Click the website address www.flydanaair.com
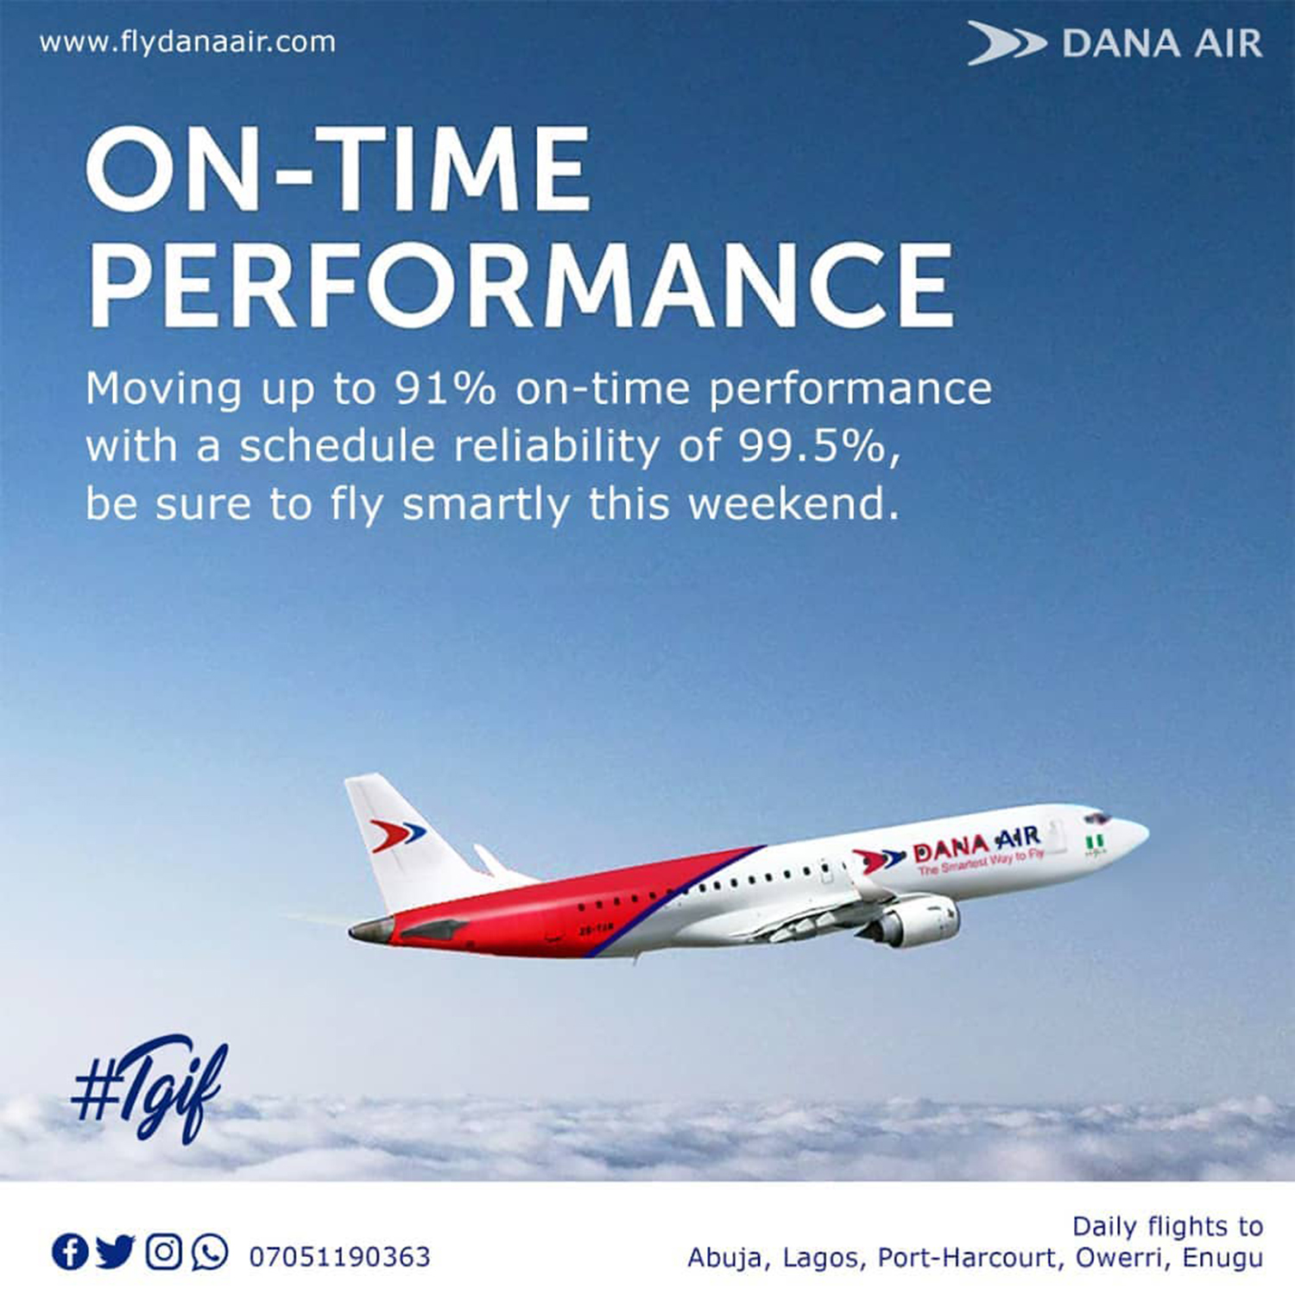[x=187, y=42]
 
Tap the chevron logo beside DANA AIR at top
[x=1006, y=43]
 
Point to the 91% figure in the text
[x=445, y=388]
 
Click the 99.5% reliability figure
[x=812, y=446]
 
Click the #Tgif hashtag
[x=149, y=1088]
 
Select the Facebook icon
[x=70, y=1252]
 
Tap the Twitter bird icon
[x=115, y=1252]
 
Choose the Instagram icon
[x=163, y=1252]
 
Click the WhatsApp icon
[x=210, y=1252]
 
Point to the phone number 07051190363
[x=339, y=1256]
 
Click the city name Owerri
[x=1121, y=1259]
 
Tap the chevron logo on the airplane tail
[x=397, y=835]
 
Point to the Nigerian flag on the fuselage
[x=1095, y=842]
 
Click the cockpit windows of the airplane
[x=1097, y=817]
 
